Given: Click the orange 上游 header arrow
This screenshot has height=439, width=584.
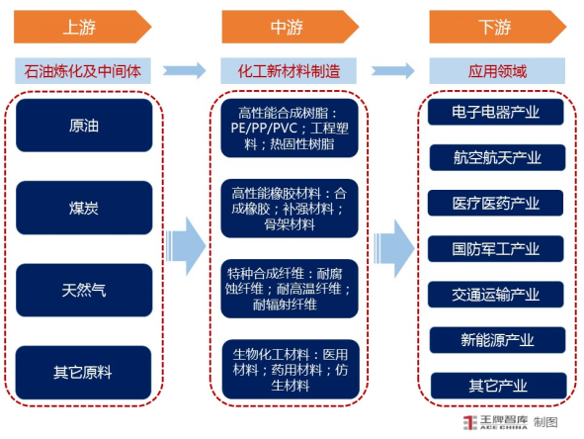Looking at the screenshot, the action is click(83, 27).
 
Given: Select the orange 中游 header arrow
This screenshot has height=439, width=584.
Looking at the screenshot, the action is click(291, 27).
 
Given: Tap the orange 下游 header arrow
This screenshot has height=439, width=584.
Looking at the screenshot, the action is click(498, 27).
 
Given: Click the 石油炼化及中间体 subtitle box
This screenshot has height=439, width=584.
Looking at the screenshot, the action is click(83, 71).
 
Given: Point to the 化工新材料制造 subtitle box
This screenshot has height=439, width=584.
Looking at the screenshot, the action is click(289, 71).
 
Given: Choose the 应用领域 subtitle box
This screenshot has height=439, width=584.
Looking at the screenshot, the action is click(497, 71).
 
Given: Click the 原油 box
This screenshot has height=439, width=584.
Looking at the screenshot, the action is click(84, 126).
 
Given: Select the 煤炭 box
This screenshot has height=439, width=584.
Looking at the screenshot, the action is click(84, 208).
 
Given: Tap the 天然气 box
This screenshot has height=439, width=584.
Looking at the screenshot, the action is click(84, 291).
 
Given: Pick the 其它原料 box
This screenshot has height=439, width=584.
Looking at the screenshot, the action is click(83, 373).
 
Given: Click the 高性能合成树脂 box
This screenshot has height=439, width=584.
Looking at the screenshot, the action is click(290, 129).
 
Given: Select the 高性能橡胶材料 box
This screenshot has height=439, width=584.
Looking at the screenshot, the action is click(290, 209).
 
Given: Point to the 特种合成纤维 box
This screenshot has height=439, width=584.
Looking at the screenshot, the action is click(290, 289).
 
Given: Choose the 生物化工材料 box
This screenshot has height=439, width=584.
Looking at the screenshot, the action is click(291, 370).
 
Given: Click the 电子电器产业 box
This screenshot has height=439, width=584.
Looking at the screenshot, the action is click(496, 112).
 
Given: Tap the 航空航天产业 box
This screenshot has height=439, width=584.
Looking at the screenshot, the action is click(498, 157).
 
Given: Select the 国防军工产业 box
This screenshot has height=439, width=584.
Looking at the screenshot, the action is click(496, 249).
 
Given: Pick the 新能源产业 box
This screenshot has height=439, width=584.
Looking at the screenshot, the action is click(498, 340).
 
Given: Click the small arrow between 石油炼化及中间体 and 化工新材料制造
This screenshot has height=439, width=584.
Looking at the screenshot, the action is click(185, 70).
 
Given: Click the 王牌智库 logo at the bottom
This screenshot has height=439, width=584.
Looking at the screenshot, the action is click(495, 422).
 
